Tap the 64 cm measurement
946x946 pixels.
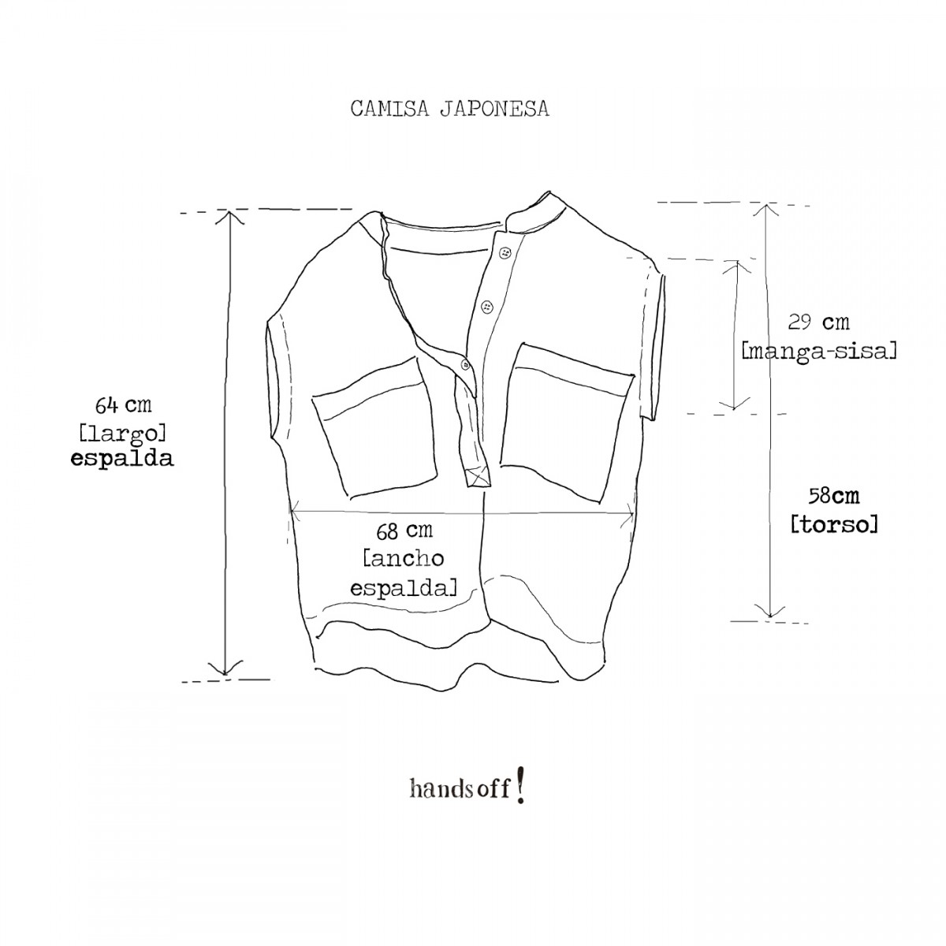(123, 405)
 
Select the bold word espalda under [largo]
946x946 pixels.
(122, 459)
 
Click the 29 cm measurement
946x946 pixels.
(819, 322)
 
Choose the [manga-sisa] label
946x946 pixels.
(819, 350)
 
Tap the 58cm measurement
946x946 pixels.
(833, 496)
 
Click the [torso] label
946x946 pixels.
(833, 523)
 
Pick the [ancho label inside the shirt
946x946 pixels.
(404, 559)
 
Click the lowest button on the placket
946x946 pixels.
(465, 363)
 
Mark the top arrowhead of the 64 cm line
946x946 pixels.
(229, 216)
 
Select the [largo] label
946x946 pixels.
(122, 433)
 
